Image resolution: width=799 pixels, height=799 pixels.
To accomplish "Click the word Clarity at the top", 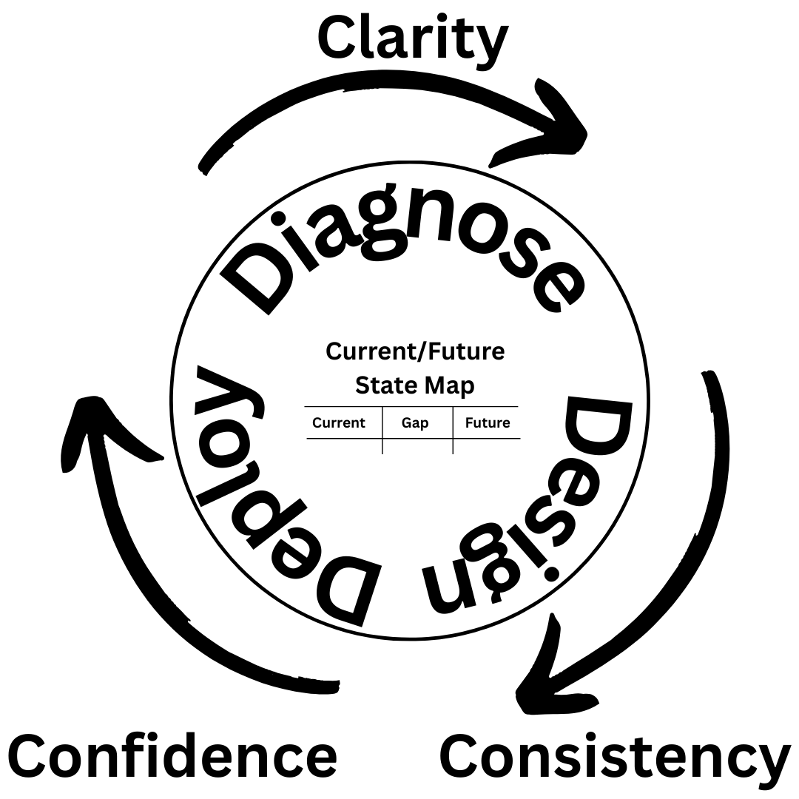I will pyautogui.click(x=413, y=38).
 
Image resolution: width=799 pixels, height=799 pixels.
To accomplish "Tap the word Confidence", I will pyautogui.click(x=172, y=756).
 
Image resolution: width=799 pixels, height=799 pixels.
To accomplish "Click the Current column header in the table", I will pyautogui.click(x=339, y=423).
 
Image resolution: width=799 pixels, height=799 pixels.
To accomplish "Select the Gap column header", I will pyautogui.click(x=415, y=423).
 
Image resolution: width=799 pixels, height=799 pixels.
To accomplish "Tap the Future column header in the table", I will pyautogui.click(x=488, y=423).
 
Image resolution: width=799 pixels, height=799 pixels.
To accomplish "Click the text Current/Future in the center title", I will pyautogui.click(x=415, y=351).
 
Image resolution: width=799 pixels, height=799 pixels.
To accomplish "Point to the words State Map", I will pyautogui.click(x=415, y=385).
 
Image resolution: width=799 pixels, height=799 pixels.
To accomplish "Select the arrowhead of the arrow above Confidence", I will pyautogui.click(x=92, y=429).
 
